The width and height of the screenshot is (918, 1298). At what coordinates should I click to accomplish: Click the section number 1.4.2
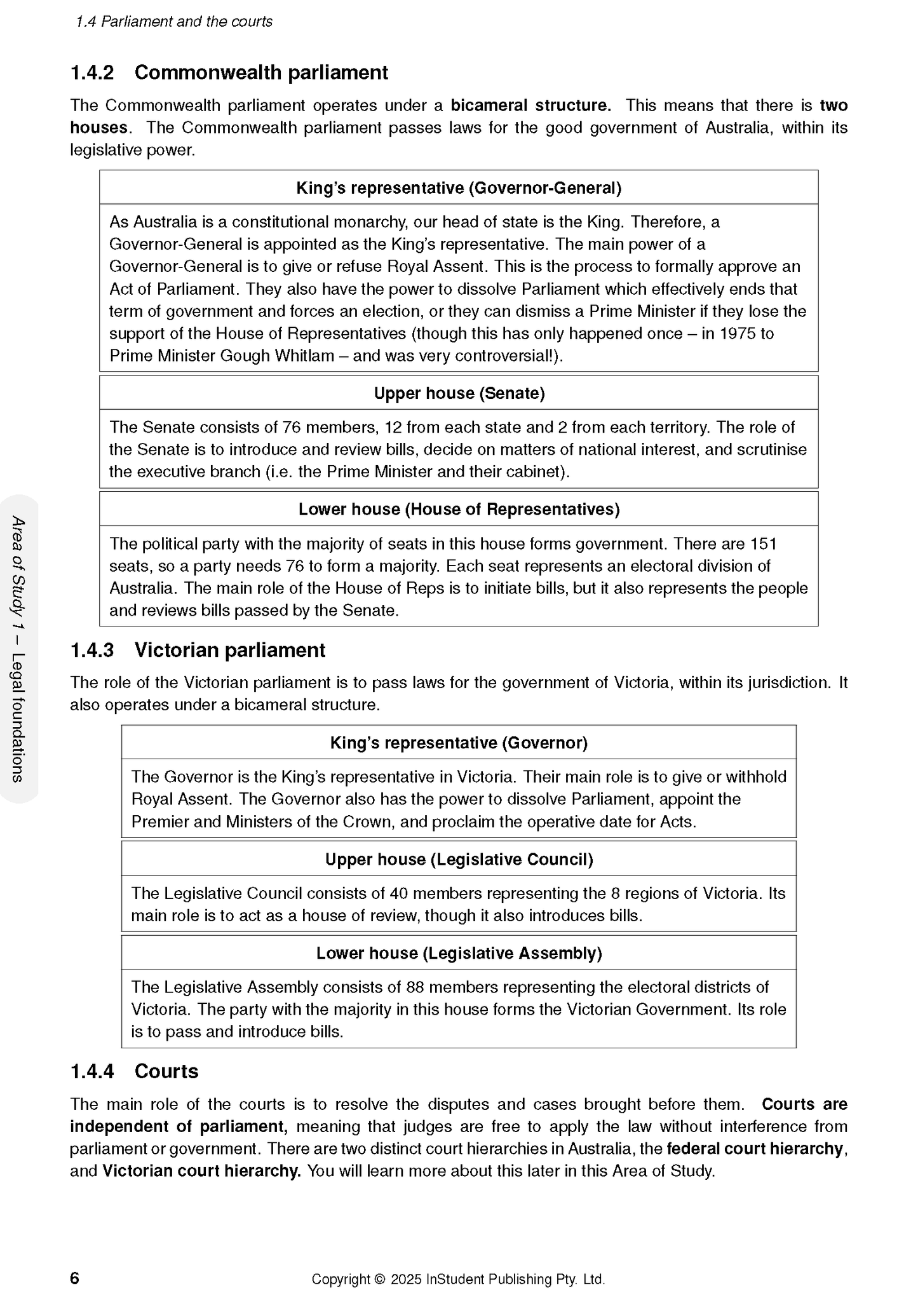click(x=91, y=73)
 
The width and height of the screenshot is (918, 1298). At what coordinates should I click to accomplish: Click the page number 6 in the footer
click(x=75, y=1278)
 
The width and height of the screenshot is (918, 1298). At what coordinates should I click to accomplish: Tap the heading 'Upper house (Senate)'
click(x=459, y=393)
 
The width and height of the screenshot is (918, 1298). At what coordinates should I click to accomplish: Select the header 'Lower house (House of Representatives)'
click(x=459, y=510)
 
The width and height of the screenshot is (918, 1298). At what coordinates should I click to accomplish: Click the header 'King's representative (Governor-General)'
click(x=459, y=188)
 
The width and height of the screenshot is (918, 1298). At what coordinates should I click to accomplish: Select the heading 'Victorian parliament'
click(x=230, y=651)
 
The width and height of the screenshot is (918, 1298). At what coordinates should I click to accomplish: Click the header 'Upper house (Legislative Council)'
click(x=459, y=860)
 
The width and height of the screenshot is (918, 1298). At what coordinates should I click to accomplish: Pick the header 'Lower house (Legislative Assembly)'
click(x=459, y=953)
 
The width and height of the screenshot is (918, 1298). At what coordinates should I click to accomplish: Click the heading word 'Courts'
click(x=166, y=1072)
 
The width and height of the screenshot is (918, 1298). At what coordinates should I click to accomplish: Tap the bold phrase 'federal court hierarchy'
click(x=755, y=1149)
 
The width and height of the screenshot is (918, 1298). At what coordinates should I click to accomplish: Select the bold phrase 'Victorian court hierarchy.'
click(x=201, y=1171)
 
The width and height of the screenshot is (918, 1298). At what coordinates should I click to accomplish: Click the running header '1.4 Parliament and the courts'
click(x=173, y=22)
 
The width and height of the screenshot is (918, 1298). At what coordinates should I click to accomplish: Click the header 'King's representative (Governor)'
click(x=459, y=743)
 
